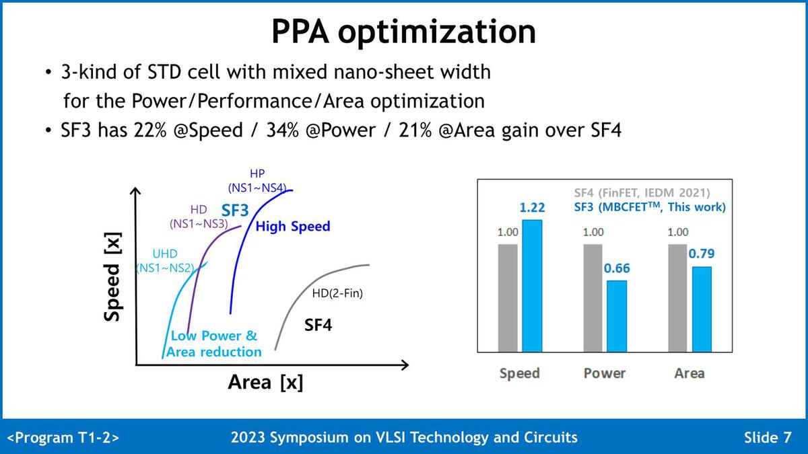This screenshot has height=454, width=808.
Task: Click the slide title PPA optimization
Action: [403, 32]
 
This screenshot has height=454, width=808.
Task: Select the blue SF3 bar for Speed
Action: [531, 285]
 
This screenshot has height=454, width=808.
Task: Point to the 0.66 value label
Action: [617, 268]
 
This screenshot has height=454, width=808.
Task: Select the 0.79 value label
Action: [701, 254]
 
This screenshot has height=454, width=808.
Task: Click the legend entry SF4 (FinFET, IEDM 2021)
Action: [642, 192]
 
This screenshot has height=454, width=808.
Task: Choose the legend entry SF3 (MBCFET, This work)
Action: [650, 207]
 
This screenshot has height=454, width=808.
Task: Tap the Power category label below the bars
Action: [605, 373]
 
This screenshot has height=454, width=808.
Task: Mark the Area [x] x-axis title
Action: [265, 383]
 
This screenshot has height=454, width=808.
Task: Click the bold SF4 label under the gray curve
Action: [318, 326]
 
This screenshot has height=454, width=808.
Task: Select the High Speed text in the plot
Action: [293, 227]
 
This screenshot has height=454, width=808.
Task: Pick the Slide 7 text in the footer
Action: [768, 438]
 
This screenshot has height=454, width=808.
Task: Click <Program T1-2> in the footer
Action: [63, 438]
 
